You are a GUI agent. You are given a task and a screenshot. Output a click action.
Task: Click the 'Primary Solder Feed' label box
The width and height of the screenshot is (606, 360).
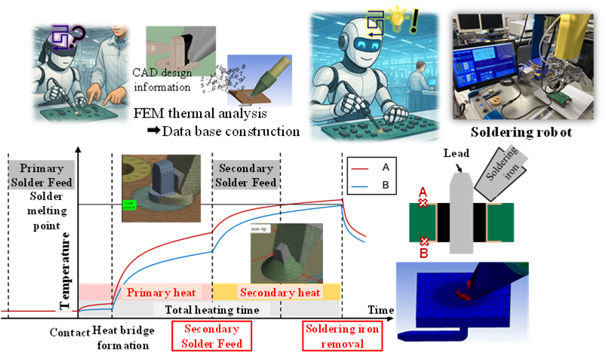[x=42, y=175]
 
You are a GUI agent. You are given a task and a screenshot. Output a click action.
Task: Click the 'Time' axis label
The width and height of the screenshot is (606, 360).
[x=381, y=310]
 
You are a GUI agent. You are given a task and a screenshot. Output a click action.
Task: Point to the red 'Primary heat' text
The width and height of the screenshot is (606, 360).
[x=161, y=293]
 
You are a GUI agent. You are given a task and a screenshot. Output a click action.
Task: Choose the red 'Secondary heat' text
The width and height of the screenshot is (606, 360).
[x=279, y=293]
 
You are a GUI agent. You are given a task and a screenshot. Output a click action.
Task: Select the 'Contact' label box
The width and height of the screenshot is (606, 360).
[x=70, y=332]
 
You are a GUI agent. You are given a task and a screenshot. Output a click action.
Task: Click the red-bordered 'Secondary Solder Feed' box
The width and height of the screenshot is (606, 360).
[x=211, y=337]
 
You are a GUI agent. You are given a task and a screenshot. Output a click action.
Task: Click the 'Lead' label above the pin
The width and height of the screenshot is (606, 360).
[x=456, y=154]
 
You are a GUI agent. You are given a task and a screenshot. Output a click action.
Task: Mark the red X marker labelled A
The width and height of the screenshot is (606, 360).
[x=423, y=203]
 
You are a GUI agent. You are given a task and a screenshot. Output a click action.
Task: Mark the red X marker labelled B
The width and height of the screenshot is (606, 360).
[x=424, y=242]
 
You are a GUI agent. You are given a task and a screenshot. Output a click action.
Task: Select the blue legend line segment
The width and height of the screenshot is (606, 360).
[x=359, y=185]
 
